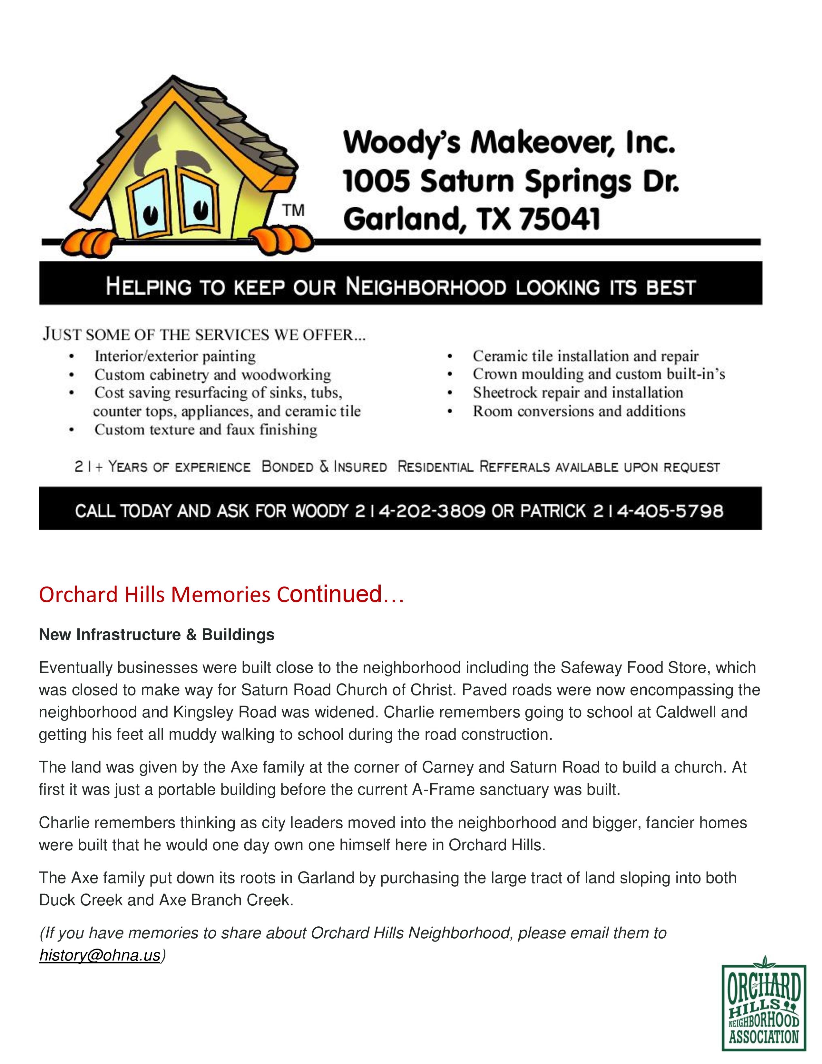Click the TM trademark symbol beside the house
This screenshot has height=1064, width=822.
click(x=294, y=211)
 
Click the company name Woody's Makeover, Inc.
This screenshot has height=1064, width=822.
click(x=509, y=143)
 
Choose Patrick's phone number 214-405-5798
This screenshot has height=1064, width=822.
click(x=657, y=511)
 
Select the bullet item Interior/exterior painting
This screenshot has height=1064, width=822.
click(x=175, y=356)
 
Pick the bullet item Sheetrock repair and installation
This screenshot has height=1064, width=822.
click(x=578, y=393)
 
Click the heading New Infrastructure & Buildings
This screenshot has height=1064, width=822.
click(x=157, y=635)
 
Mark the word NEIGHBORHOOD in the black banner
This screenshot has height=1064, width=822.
click(x=426, y=287)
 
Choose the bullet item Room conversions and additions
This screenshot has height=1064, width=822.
click(x=579, y=411)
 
